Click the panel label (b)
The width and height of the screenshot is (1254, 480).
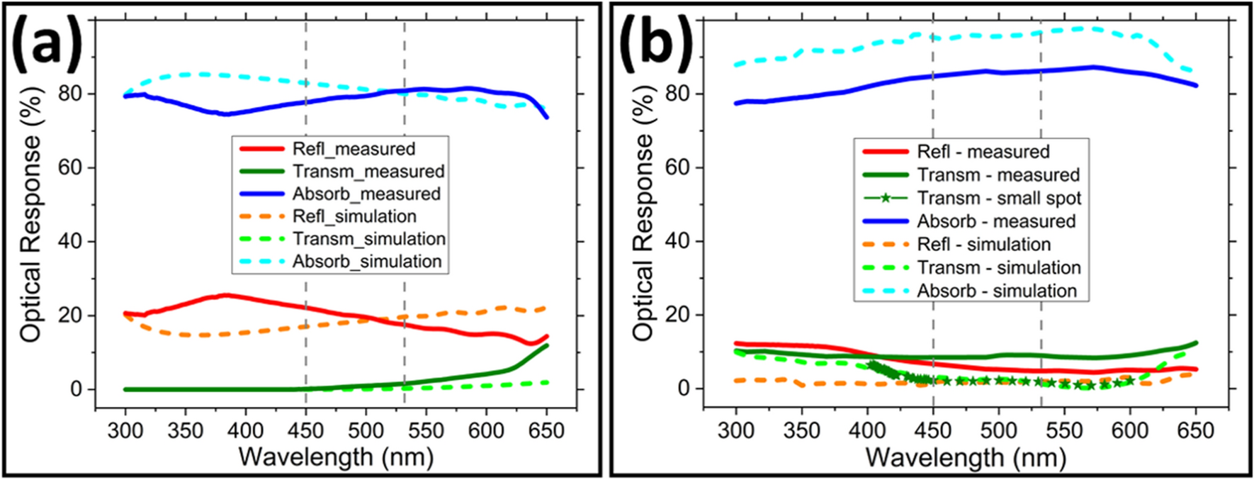[x=656, y=43]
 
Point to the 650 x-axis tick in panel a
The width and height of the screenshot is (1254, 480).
[x=546, y=430]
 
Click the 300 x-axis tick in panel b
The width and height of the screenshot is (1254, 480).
[x=736, y=430]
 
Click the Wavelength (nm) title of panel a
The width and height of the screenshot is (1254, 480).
[x=336, y=457]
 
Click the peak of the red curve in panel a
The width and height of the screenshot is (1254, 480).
[x=225, y=295]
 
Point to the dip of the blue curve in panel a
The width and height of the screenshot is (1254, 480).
[x=225, y=113]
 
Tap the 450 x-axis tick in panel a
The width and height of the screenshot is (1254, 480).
[x=305, y=430]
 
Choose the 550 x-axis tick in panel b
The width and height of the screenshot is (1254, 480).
[x=1063, y=430]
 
